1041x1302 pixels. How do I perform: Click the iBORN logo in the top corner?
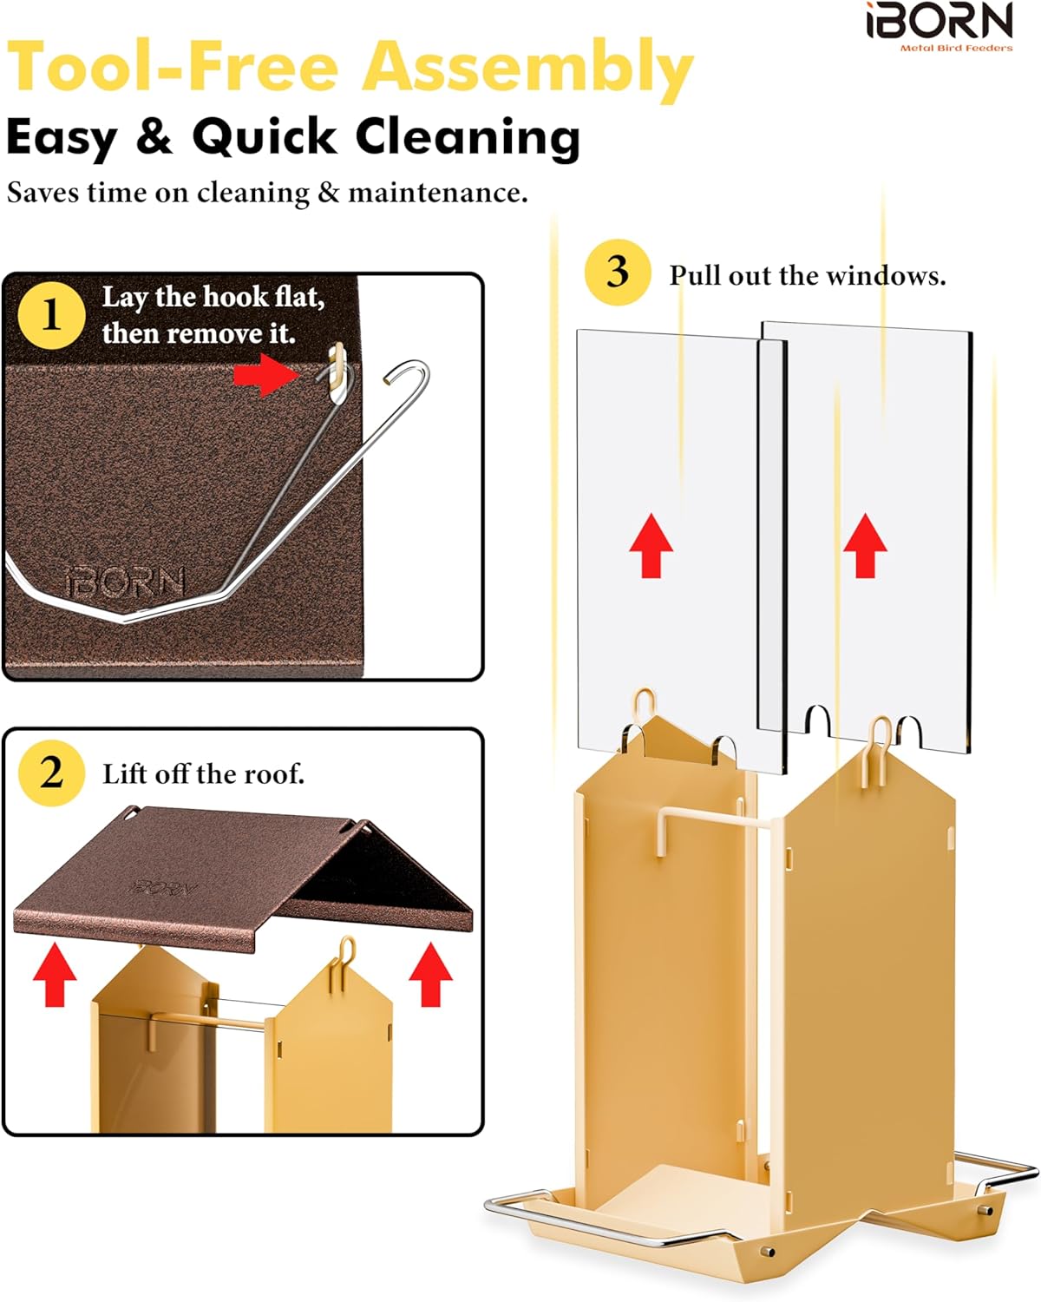(940, 26)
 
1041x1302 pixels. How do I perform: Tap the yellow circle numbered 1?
(51, 315)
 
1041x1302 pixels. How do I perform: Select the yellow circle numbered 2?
(51, 773)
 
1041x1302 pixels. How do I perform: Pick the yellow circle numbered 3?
(618, 273)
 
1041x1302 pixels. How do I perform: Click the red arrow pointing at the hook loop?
(266, 375)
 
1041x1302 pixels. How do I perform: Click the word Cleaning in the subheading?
(468, 137)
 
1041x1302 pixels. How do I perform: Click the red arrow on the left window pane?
(651, 545)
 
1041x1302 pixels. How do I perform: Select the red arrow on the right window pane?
(865, 545)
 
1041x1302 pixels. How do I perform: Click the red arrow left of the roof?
(55, 974)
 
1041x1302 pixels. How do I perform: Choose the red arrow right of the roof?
(430, 974)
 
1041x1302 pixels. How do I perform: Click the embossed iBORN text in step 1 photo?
(125, 582)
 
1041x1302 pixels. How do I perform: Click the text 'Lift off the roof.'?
(203, 773)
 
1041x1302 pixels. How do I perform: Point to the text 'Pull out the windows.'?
(808, 277)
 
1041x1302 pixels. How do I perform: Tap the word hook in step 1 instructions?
(236, 297)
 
